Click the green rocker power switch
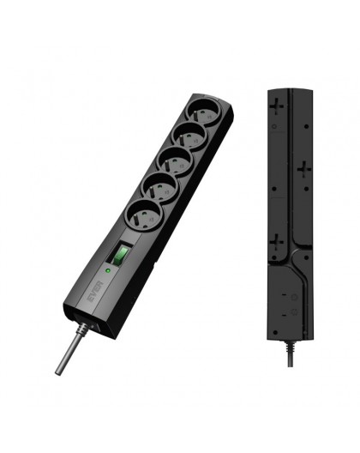click(x=121, y=255)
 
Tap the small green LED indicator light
click(x=107, y=270)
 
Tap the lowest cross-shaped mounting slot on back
click(x=276, y=245)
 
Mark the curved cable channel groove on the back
click(x=296, y=257)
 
